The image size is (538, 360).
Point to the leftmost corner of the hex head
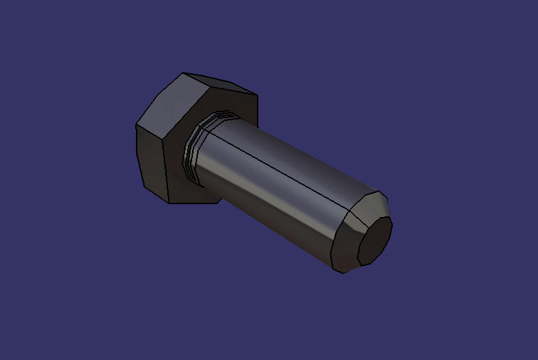[x=136, y=126]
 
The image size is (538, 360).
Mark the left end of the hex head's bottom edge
[x=169, y=203]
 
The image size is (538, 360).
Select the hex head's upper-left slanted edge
[x=159, y=98]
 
